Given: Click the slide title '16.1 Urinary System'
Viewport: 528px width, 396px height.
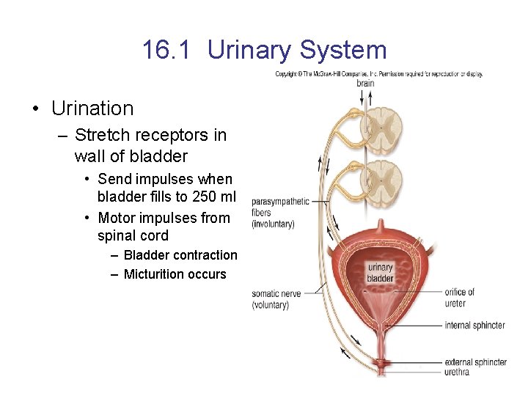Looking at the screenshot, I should tap(264, 50).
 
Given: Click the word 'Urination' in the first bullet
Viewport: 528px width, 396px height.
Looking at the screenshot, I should tap(92, 109).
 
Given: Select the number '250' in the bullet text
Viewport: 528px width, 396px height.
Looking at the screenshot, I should tap(198, 197).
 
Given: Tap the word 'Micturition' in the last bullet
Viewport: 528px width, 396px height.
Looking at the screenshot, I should tap(155, 274).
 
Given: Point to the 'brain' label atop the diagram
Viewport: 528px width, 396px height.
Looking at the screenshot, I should tap(364, 83).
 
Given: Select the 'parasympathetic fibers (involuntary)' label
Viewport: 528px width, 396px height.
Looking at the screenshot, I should tap(279, 213).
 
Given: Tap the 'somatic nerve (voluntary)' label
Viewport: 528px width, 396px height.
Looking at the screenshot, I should tap(276, 298).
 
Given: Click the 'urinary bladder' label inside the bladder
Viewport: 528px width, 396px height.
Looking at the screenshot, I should tap(380, 273).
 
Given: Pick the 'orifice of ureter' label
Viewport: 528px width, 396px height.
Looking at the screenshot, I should tap(460, 297).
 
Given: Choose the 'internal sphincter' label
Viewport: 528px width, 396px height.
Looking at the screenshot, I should tap(474, 325).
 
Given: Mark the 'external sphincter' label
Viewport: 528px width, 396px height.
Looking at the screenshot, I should tap(475, 362).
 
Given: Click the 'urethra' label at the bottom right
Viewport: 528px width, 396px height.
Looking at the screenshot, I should tap(457, 372).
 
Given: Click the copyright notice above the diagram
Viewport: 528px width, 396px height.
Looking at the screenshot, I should tap(378, 74).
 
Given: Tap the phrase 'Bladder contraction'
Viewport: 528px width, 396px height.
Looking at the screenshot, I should tap(180, 255).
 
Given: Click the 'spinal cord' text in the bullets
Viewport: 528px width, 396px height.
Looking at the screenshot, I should tap(133, 235).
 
